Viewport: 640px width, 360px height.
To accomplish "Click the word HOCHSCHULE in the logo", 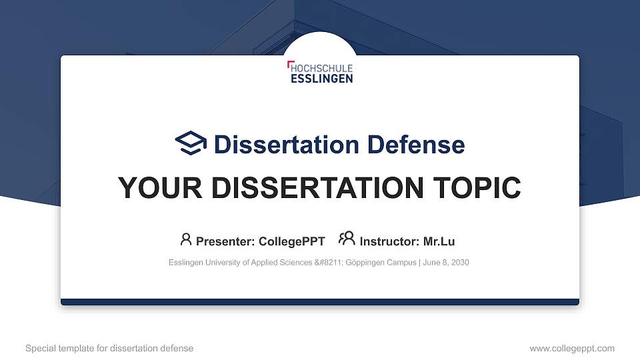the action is coord(321,68).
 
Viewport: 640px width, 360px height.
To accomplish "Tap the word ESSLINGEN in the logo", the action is coord(321,79).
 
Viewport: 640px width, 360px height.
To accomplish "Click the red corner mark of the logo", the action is coord(290,63).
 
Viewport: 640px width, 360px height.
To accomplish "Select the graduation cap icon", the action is coord(191,143).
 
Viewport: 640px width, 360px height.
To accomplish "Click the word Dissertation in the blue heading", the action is coord(287,145).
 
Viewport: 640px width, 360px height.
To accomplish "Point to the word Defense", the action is coord(416,145).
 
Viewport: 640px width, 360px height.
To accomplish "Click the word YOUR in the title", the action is coord(160,188).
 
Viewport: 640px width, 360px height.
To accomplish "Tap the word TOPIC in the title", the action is coord(477,188).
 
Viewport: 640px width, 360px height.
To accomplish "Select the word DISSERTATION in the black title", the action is coord(317,188).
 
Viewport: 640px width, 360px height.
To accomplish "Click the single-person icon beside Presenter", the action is coord(186,239).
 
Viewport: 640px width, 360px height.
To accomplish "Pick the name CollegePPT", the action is coord(292,241).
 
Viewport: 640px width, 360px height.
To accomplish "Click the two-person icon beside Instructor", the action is coord(347,239).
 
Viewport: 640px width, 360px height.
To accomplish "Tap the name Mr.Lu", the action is coord(439,241).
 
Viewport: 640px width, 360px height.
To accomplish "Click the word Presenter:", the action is coord(225,241).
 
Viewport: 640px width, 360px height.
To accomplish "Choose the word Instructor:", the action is coord(389,241).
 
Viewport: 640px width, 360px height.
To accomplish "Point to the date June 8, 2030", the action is coord(446,263).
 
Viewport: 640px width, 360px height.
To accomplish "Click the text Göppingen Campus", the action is coord(381,263).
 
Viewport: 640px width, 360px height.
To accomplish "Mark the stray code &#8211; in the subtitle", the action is coord(329,263).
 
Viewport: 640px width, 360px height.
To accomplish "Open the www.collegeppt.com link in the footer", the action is coord(572,349).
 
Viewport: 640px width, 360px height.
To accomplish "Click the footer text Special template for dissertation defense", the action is coord(109,348).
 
